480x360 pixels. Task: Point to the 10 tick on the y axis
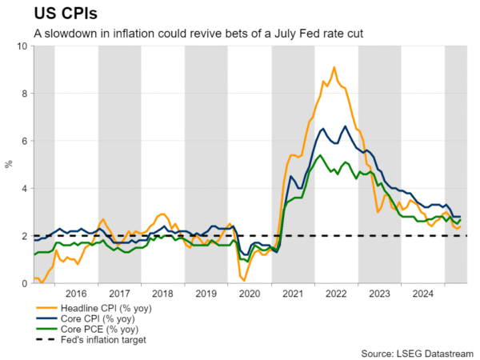[x=22, y=46]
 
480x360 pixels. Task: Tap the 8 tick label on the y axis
[x=24, y=94]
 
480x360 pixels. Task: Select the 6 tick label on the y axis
[x=24, y=141]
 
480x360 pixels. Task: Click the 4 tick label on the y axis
[x=24, y=189]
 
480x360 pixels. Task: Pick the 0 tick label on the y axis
[x=24, y=283]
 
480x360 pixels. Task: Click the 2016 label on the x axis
[x=76, y=294]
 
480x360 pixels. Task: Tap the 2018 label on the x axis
[x=162, y=294]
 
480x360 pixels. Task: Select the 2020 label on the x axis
[x=249, y=294]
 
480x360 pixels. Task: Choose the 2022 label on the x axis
[x=335, y=294]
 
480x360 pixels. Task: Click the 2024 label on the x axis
[x=422, y=294]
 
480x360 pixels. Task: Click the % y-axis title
[x=9, y=165]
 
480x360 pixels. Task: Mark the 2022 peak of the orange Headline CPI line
[x=334, y=67]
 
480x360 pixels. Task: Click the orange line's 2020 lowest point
[x=243, y=280]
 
